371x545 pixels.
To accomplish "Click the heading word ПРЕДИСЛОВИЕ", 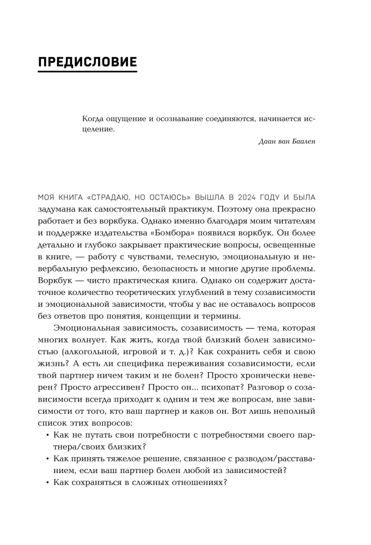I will pyautogui.click(x=87, y=61).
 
